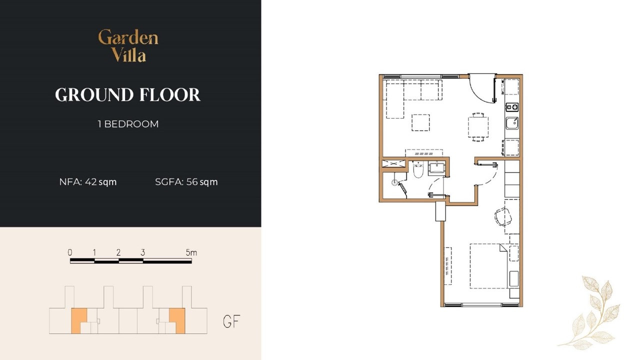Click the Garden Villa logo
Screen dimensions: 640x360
[x=128, y=45]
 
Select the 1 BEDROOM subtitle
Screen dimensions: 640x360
[x=128, y=124]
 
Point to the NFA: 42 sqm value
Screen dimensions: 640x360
[x=88, y=182]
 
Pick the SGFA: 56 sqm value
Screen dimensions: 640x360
[x=186, y=182]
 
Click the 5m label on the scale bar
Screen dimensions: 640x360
[x=191, y=252]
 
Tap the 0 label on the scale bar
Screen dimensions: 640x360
[x=70, y=252]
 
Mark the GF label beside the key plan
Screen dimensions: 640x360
[x=231, y=321]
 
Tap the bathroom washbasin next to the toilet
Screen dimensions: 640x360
[x=436, y=167]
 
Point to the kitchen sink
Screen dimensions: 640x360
[x=512, y=123]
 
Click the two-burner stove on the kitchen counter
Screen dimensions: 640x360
[x=512, y=107]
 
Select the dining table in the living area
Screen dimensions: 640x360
[x=478, y=127]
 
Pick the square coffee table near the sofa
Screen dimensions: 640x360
[x=420, y=122]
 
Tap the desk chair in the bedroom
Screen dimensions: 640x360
[x=502, y=217]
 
